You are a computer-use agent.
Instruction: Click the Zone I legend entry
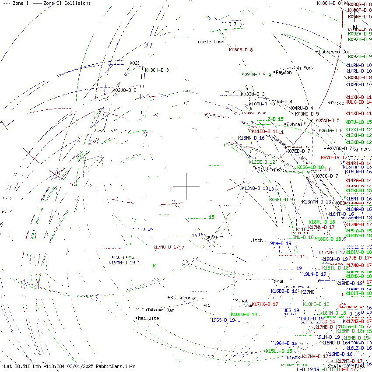16,3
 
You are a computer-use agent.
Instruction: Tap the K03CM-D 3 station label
157,70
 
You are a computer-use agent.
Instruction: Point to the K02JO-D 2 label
124,90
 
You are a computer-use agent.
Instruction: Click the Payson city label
284,72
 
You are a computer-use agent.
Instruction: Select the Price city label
337,103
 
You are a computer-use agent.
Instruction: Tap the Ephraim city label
296,124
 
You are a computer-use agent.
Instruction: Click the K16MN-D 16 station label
251,138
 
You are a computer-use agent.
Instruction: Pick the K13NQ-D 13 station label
254,188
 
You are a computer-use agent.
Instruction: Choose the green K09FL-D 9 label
281,200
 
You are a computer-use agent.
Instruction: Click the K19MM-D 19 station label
122,263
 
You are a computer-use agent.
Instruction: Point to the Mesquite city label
148,318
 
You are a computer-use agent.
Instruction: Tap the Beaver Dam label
161,310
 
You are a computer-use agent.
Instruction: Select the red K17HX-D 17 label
265,304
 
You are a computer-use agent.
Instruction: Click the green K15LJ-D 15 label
279,351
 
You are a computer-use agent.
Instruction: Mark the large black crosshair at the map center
186,186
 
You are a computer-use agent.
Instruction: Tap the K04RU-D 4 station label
301,108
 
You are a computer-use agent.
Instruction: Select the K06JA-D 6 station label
330,130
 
